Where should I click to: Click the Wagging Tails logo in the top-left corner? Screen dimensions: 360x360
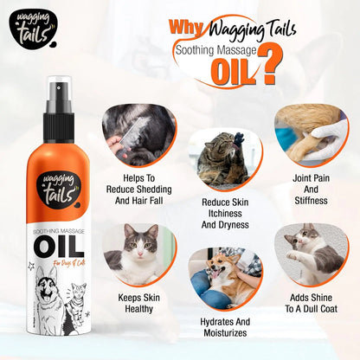29,27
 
